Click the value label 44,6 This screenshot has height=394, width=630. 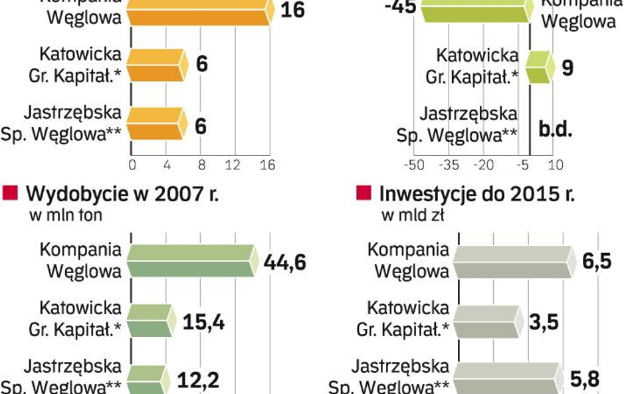point(285,262)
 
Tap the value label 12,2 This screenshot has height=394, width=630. point(197,379)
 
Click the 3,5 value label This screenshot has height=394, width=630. point(544,323)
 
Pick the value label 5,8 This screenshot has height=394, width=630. point(584,379)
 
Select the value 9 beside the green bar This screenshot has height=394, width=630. point(568,68)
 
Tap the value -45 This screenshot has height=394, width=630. point(401,9)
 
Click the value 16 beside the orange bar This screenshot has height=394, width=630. point(292,11)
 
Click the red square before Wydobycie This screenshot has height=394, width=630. point(11,194)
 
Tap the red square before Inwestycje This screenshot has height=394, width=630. point(364,194)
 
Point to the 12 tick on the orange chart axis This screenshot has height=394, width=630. point(234,165)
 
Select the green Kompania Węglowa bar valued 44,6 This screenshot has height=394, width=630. point(192,260)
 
